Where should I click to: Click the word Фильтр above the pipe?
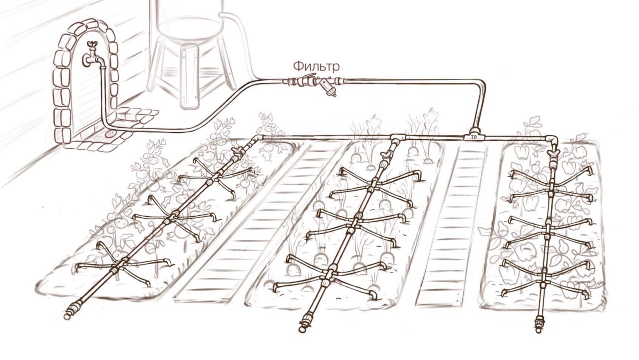pyautogui.click(x=316, y=66)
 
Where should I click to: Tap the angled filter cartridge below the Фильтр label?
pyautogui.click(x=329, y=90)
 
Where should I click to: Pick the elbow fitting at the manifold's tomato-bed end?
pyautogui.click(x=258, y=139)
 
